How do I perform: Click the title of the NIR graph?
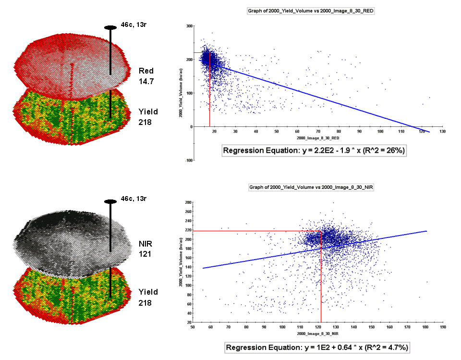[311, 187]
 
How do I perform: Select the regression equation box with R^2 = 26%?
[315, 150]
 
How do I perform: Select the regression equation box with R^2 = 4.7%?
[316, 348]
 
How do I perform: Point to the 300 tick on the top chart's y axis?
[189, 25]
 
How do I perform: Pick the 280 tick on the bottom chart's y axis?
[187, 202]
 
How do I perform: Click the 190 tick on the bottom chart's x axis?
[442, 327]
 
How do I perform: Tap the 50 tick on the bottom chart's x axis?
[193, 327]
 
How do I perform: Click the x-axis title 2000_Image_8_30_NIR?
[317, 333]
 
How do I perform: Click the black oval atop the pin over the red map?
[110, 27]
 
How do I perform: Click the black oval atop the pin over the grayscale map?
[110, 201]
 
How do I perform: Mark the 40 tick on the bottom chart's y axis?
[187, 313]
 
